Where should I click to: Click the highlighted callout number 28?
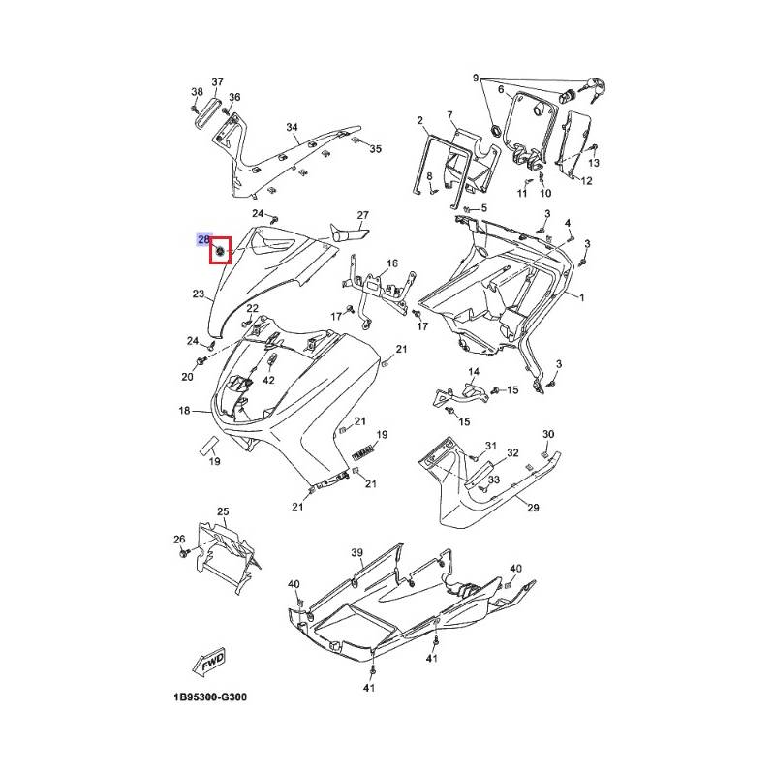coord(204,239)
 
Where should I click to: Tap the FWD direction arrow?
coord(211,664)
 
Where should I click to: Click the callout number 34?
coord(292,128)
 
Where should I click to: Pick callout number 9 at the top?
coord(476,77)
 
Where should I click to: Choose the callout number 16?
coord(392,263)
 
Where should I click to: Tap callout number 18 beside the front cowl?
coord(184,411)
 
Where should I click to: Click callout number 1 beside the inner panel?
coord(582,297)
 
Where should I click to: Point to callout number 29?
coord(532,507)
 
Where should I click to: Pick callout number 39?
coord(356,552)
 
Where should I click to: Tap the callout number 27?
coord(363,215)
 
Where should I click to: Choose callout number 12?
coord(586,181)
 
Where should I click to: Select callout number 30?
coord(547,434)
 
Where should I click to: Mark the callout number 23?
coord(197,293)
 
